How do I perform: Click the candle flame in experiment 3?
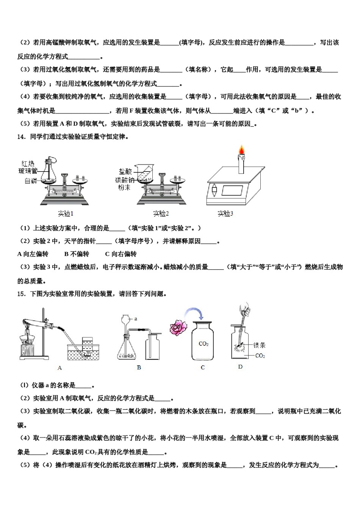pos(241,150)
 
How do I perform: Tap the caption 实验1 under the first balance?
pos(66,214)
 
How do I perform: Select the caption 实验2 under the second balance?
pos(161,214)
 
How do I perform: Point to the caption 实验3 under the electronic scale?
pos(225,214)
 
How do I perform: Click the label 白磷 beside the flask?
pos(31,181)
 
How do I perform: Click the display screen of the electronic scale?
pos(232,190)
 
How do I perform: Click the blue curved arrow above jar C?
pos(194,313)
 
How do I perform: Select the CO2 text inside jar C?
pos(203,344)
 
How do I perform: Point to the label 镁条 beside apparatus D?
pos(260,345)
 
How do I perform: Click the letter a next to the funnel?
pos(136,319)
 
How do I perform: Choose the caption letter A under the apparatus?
pos(59,368)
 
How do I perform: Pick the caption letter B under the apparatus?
pos(139,367)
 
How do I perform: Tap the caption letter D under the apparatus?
pos(240,367)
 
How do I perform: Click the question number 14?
pos(21,137)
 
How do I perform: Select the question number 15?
pos(21,294)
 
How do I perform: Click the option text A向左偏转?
pos(33,254)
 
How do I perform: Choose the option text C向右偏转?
pos(121,254)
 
